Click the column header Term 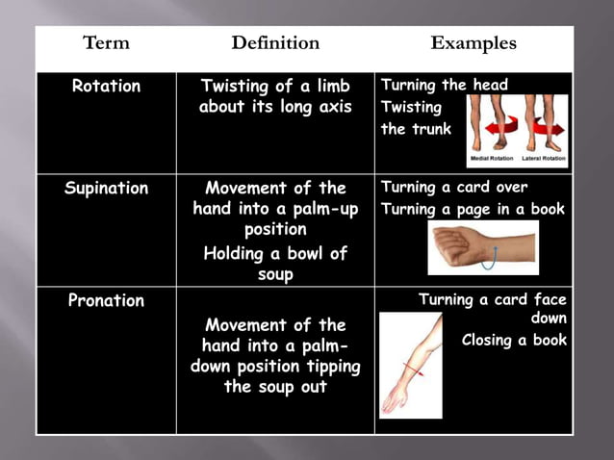pyautogui.click(x=106, y=43)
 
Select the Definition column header pyautogui.click(x=275, y=43)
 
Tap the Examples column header pyautogui.click(x=473, y=43)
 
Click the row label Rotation pyautogui.click(x=106, y=87)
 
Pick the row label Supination pyautogui.click(x=106, y=189)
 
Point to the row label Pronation pyautogui.click(x=106, y=300)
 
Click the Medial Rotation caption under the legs pyautogui.click(x=492, y=159)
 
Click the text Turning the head pyautogui.click(x=445, y=86)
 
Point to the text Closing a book pyautogui.click(x=514, y=340)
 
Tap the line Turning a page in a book pyautogui.click(x=473, y=210)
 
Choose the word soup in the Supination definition pyautogui.click(x=275, y=274)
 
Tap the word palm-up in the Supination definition pyautogui.click(x=314, y=209)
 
